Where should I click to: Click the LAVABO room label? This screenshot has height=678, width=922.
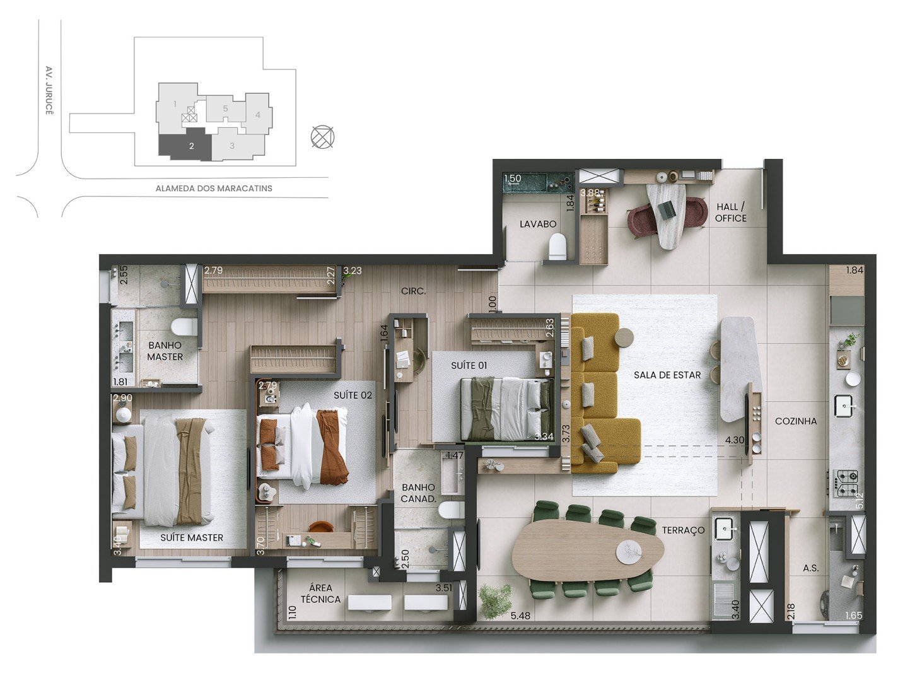point(537,225)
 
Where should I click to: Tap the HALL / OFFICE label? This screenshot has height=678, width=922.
point(731,213)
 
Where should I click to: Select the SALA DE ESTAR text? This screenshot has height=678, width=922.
point(667,375)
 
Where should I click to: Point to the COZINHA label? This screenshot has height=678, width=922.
point(796,421)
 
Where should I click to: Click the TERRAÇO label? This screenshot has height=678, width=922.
point(683,530)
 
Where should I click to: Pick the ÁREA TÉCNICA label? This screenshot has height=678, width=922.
point(320,593)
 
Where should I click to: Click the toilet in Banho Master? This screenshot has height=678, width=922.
point(184,327)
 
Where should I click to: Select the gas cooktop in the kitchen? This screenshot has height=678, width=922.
point(846,483)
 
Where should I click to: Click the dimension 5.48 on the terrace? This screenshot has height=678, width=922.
point(520,616)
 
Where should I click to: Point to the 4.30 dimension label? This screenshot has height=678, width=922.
point(735,440)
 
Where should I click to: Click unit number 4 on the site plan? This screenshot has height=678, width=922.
point(258,115)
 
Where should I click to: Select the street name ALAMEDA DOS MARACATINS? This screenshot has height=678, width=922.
point(214,189)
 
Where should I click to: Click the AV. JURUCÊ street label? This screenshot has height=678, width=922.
point(49,90)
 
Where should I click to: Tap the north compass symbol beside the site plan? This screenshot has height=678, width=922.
point(322,137)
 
